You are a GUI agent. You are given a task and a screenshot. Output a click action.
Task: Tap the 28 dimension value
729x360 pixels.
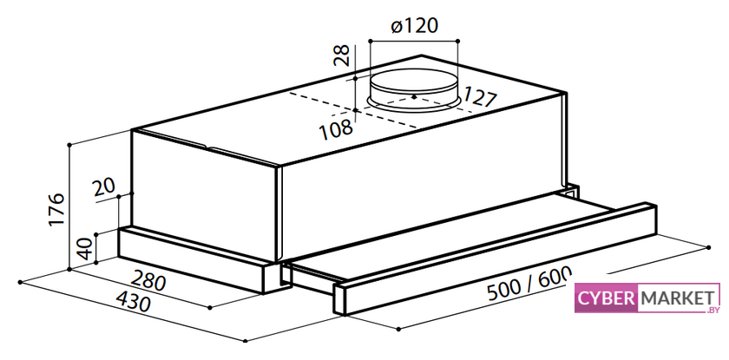point(343,56)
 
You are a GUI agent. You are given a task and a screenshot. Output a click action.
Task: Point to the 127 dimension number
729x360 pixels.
point(479,97)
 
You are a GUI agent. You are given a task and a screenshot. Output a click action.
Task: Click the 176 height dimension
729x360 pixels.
point(56,209)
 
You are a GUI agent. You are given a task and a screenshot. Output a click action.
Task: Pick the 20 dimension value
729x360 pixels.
point(103,188)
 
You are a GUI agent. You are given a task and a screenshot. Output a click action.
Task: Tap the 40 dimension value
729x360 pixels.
point(84,248)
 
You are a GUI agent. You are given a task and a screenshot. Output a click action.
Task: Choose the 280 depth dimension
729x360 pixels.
point(148,281)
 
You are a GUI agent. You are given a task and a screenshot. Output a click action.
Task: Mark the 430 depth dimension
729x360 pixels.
point(133,302)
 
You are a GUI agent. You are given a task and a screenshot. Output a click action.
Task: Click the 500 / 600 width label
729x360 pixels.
point(529,285)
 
